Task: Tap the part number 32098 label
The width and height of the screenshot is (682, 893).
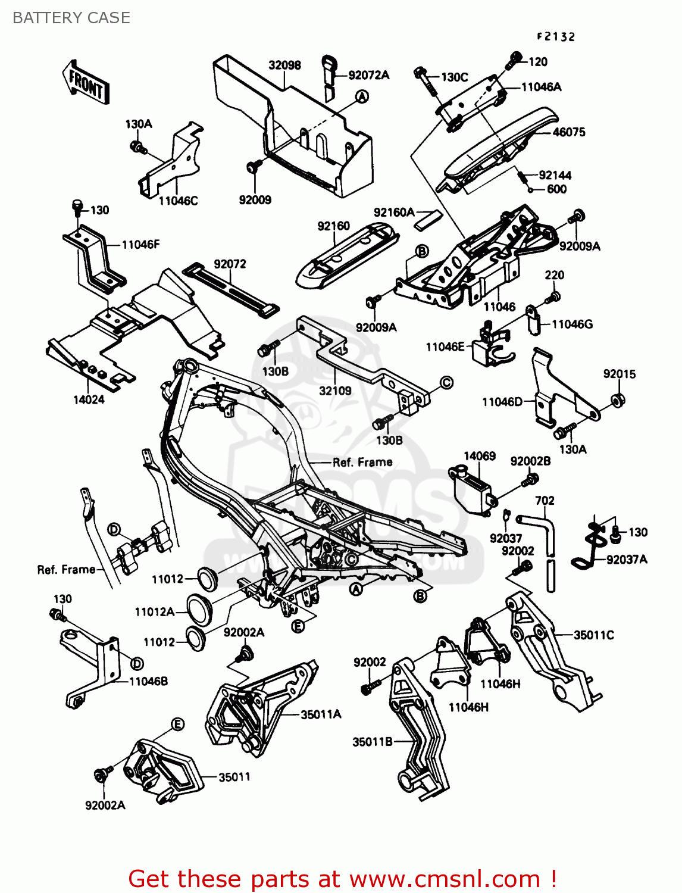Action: click(284, 65)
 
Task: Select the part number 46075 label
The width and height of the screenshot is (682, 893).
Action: click(569, 132)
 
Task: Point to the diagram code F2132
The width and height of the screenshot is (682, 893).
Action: click(556, 37)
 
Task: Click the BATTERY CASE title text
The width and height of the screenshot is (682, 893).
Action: click(71, 18)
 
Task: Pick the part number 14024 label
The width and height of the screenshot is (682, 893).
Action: click(89, 400)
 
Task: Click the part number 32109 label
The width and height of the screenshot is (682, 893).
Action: click(335, 391)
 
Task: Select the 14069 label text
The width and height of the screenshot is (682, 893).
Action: click(479, 456)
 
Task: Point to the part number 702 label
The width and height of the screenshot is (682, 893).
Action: click(545, 501)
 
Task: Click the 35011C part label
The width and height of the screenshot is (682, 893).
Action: click(593, 635)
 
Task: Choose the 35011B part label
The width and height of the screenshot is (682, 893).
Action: click(373, 742)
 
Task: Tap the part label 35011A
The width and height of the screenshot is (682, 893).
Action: click(320, 714)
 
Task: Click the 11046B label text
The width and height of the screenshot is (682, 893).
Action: click(148, 681)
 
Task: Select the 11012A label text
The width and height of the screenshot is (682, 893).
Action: click(155, 612)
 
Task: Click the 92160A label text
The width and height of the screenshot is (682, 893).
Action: click(394, 212)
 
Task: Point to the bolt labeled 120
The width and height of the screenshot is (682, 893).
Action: click(515, 60)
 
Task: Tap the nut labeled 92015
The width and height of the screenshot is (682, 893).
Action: click(618, 400)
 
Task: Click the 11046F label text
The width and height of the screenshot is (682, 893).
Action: click(140, 244)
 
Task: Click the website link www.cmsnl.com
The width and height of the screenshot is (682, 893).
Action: click(444, 879)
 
